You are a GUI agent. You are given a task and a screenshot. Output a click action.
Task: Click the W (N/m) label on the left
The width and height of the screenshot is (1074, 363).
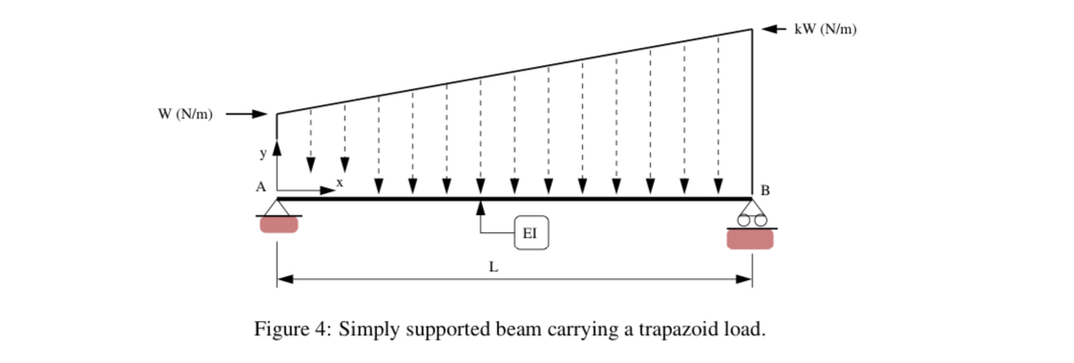[185, 115]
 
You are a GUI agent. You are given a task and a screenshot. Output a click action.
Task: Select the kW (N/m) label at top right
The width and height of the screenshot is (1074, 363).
[826, 30]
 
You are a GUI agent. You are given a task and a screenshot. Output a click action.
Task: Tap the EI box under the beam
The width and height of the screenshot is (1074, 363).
[531, 231]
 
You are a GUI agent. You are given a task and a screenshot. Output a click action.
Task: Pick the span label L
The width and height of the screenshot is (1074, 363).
[494, 267]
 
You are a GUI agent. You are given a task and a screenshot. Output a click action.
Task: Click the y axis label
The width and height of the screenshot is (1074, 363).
[264, 152]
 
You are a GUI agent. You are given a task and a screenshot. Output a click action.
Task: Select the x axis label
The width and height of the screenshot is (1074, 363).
[340, 181]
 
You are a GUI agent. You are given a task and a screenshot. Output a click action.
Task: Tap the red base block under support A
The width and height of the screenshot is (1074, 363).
[278, 224]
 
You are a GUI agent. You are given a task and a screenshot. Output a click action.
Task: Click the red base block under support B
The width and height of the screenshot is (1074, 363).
[750, 239]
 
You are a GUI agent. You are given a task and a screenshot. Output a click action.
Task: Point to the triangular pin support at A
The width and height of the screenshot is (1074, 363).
[278, 207]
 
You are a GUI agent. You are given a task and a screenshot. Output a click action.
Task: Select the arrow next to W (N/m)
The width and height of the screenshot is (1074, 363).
[244, 115]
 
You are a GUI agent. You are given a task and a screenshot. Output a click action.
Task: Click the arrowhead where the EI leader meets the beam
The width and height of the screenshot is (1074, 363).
[481, 205]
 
